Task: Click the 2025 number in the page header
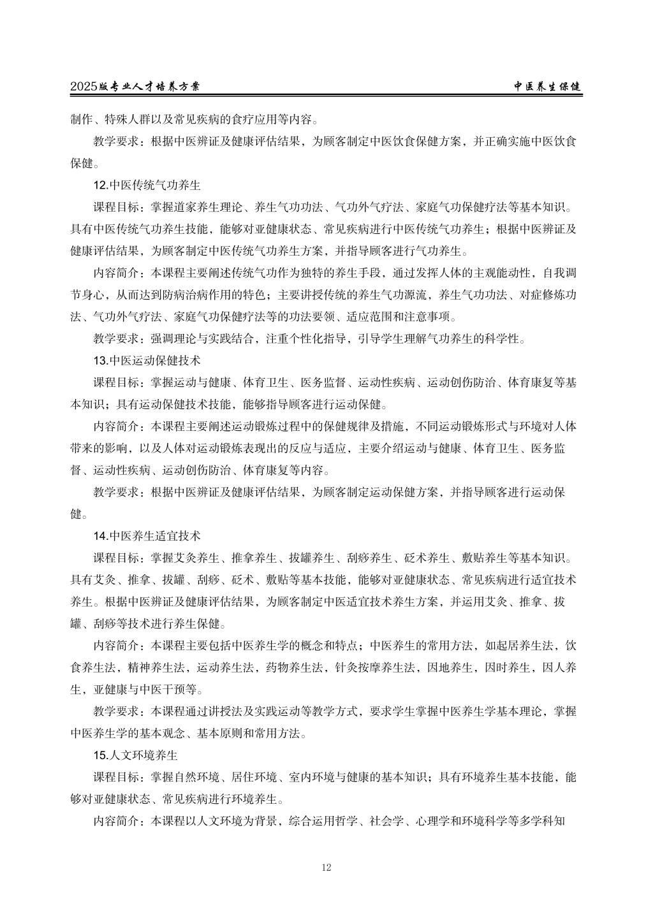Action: [84, 87]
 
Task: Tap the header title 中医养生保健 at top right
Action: [548, 87]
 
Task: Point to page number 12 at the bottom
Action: [326, 867]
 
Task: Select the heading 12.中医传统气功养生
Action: [147, 185]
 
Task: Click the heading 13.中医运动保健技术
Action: [147, 360]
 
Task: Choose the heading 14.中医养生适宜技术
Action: [147, 535]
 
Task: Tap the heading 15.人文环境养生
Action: [135, 755]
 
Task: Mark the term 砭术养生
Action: [427, 558]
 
